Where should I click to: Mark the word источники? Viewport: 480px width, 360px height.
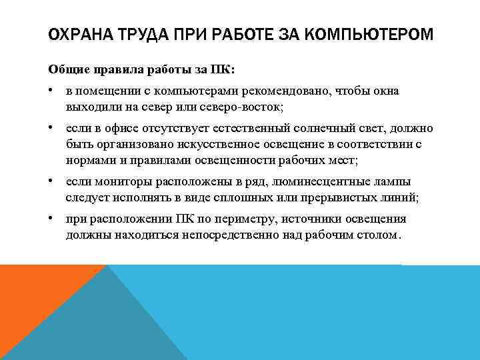click(309, 219)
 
